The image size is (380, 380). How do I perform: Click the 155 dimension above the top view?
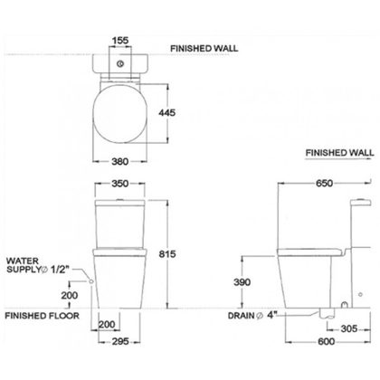click(120, 41)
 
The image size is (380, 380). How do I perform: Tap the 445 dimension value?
click(166, 112)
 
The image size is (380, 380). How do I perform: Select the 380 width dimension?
click(120, 161)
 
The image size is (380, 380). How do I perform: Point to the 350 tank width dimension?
click(120, 184)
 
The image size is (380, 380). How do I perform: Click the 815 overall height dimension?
click(167, 254)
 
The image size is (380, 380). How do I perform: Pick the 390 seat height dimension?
click(242, 282)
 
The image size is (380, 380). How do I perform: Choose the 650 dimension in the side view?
click(325, 183)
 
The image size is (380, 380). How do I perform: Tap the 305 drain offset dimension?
click(349, 328)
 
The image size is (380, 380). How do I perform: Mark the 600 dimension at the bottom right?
click(326, 341)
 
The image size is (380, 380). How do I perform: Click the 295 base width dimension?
click(120, 341)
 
